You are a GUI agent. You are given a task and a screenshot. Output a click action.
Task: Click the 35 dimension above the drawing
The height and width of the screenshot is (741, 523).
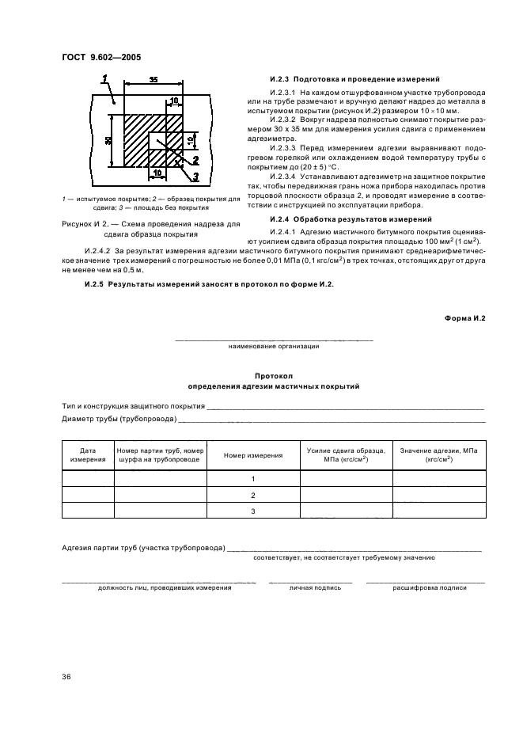click(x=152, y=80)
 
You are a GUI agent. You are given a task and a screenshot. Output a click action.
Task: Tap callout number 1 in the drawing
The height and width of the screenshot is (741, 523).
click(x=104, y=77)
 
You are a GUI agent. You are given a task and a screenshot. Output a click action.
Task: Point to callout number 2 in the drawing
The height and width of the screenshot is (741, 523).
click(x=195, y=159)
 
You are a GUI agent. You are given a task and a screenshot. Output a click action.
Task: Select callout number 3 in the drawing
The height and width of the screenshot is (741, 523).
click(x=195, y=176)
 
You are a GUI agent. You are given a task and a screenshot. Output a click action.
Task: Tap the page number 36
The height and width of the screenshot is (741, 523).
click(x=66, y=677)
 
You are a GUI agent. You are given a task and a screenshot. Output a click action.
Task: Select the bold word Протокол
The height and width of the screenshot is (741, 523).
click(x=274, y=377)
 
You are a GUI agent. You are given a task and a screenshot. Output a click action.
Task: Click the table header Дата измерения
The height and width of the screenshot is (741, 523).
click(x=88, y=454)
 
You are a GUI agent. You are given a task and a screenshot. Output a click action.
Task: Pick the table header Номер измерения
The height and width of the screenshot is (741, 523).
click(x=253, y=455)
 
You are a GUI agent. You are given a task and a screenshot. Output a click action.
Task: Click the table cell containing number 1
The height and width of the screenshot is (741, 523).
click(x=253, y=479)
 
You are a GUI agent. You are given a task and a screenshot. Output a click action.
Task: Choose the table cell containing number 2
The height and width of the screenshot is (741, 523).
click(x=253, y=495)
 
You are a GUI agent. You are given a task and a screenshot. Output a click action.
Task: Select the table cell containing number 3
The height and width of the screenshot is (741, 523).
click(x=253, y=511)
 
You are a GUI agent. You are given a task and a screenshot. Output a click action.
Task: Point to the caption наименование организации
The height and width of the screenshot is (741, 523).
click(x=274, y=346)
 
